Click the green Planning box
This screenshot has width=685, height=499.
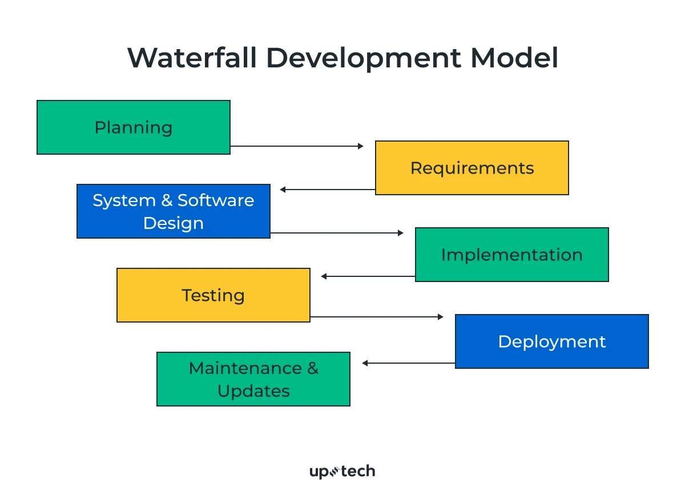click(134, 127)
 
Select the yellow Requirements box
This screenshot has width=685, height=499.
click(472, 168)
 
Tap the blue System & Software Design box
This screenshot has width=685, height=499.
click(174, 211)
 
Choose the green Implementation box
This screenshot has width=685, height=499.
click(511, 255)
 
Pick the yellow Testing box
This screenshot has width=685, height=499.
click(213, 295)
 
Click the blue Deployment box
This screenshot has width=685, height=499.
click(551, 341)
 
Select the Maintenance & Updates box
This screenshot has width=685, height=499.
click(253, 379)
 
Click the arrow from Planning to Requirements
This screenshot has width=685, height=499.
click(297, 146)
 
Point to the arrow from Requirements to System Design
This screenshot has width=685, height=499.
click(328, 190)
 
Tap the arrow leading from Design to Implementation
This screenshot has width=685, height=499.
click(337, 233)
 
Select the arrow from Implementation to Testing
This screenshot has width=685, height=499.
click(368, 276)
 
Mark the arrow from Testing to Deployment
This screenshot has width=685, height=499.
click(377, 317)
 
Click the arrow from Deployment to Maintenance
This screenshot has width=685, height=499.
click(409, 363)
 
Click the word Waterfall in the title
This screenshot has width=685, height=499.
click(192, 58)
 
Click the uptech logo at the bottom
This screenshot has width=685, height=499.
click(342, 472)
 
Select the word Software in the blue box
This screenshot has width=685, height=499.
click(216, 200)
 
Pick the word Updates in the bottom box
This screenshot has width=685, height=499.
click(253, 391)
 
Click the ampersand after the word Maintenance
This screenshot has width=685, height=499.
click(313, 368)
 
